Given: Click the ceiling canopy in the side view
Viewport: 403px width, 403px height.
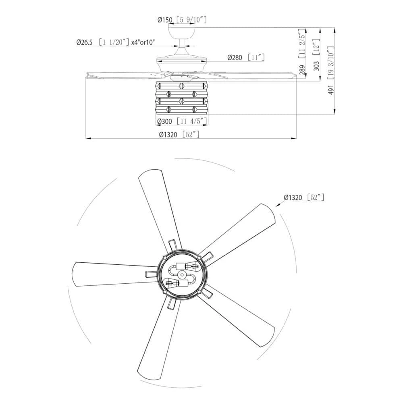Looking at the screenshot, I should click(x=181, y=31).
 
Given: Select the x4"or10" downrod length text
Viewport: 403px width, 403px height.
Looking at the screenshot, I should click(x=143, y=42).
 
